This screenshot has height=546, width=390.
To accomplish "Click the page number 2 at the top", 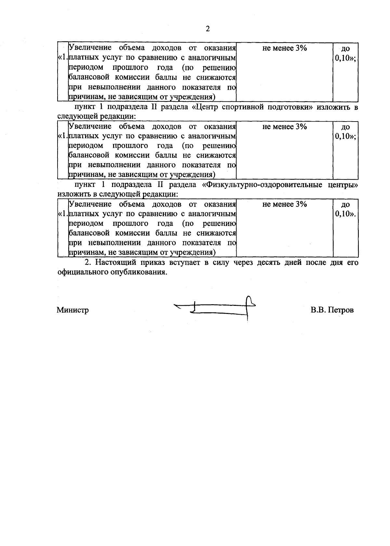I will click(208, 29).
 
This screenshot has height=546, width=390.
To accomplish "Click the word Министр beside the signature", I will click(73, 310).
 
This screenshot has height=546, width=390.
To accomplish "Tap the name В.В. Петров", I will click(332, 310).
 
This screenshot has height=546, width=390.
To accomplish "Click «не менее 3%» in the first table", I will click(284, 48).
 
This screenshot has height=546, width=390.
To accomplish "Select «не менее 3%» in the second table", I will click(284, 127).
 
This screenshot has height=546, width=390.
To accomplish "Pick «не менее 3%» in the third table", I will click(284, 204).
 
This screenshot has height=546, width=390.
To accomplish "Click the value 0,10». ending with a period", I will click(345, 214).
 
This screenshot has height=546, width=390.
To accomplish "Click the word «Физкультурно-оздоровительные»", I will click(262, 185).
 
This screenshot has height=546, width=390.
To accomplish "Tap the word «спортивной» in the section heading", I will click(241, 108).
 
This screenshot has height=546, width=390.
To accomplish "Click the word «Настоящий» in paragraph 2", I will click(116, 263).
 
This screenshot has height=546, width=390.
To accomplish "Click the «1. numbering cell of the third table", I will click(63, 214).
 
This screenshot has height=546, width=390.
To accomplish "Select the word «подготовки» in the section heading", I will click(287, 108).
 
